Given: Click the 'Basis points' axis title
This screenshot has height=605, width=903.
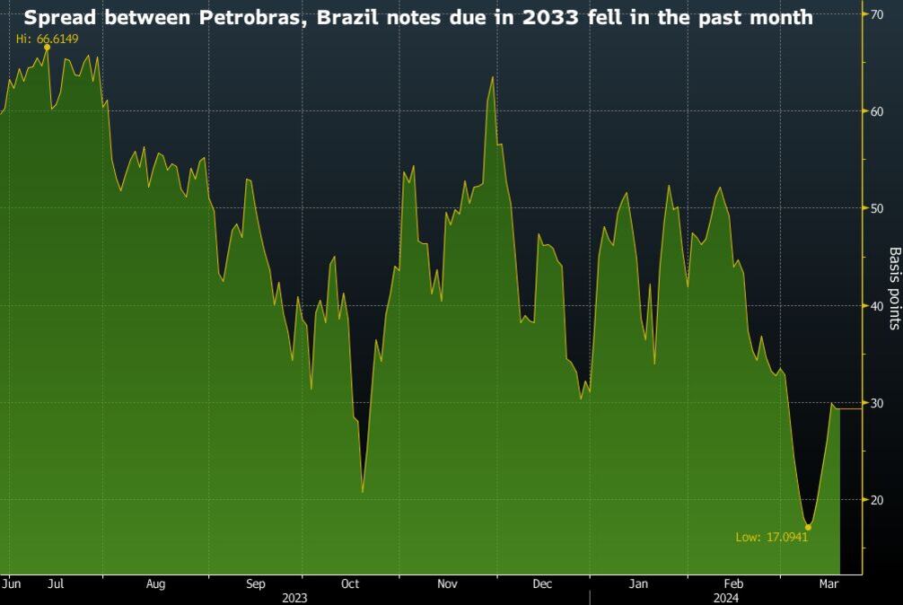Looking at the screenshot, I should [894, 288].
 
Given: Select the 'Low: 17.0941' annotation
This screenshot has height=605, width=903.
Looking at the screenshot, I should [772, 538].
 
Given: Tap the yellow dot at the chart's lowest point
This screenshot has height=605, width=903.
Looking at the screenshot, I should [808, 527].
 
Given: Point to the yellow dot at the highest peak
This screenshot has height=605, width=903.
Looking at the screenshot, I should [47, 48].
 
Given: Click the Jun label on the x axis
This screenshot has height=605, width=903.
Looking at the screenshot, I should [12, 583].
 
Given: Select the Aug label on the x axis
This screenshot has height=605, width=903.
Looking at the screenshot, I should [155, 583].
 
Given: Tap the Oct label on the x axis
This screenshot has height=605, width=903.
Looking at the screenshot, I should [350, 583].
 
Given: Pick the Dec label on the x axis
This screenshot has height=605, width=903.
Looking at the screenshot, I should [542, 583].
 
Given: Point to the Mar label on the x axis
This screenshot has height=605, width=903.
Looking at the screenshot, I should [828, 583].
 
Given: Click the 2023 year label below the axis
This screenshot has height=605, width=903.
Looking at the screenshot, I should [294, 597].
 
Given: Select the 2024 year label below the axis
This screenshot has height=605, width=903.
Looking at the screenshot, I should [726, 597].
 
